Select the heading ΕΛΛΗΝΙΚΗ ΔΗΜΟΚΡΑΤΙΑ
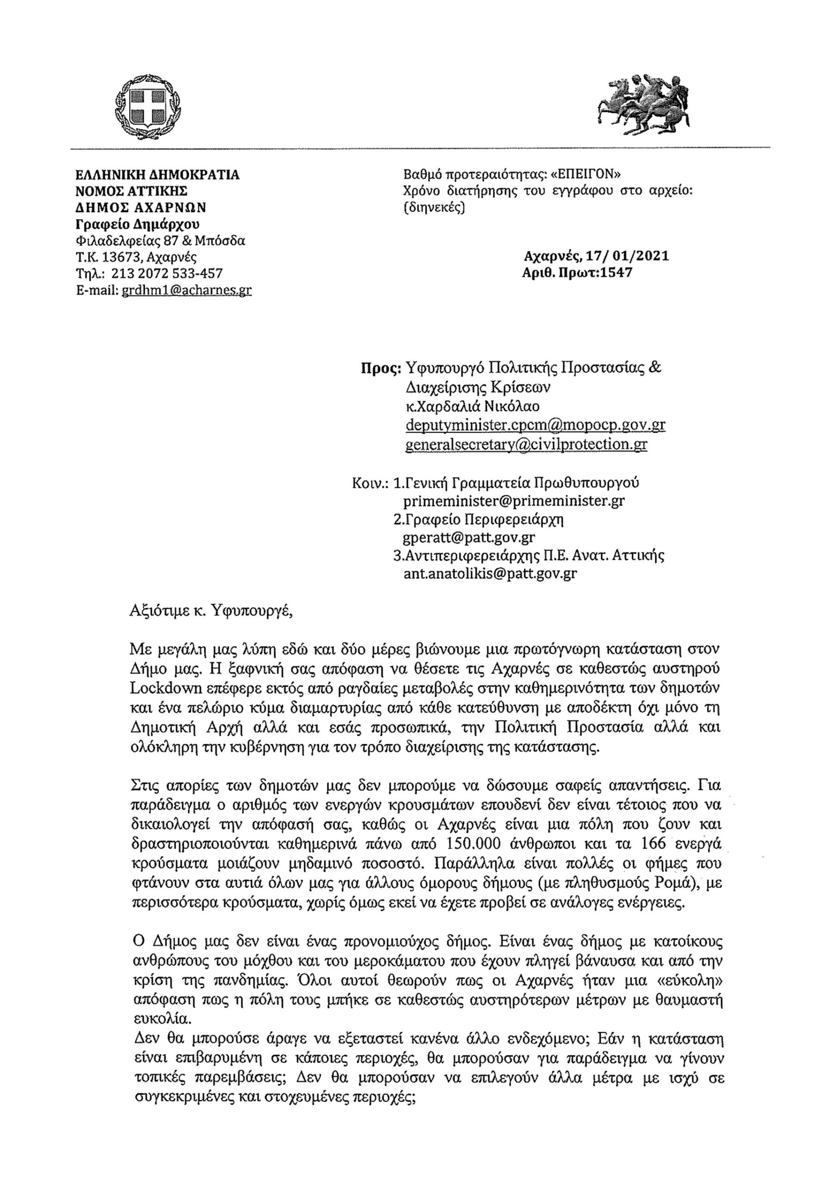click(x=157, y=175)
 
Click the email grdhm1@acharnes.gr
click(x=186, y=290)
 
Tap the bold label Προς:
click(x=381, y=369)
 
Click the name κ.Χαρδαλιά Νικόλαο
click(x=473, y=407)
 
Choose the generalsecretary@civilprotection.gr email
click(x=526, y=444)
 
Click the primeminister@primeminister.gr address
click(x=514, y=501)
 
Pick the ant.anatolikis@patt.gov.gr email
click(x=490, y=574)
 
